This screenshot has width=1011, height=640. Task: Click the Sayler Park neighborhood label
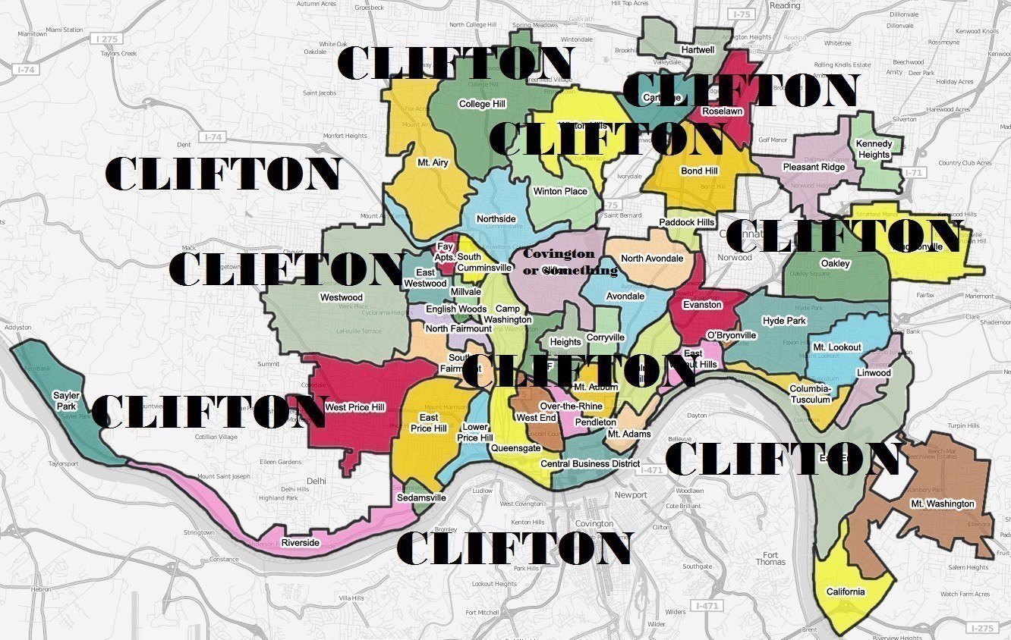pyautogui.click(x=65, y=400)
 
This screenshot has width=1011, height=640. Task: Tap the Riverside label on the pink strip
pyautogui.click(x=301, y=543)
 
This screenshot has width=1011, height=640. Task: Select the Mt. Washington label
pyautogui.click(x=942, y=504)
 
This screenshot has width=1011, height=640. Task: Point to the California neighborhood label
pyautogui.click(x=845, y=592)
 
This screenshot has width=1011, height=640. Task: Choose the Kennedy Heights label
pyautogui.click(x=874, y=149)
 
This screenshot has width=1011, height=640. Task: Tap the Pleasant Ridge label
pyautogui.click(x=814, y=167)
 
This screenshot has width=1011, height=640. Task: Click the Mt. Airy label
pyautogui.click(x=433, y=162)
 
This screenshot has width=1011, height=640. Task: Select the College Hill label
pyautogui.click(x=482, y=104)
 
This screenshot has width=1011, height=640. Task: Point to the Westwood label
pyautogui.click(x=342, y=297)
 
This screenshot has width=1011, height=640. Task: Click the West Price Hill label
pyautogui.click(x=354, y=407)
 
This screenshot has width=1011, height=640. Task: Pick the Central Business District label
pyautogui.click(x=590, y=463)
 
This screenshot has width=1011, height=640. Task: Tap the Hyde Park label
pyautogui.click(x=784, y=321)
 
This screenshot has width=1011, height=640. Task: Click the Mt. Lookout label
pyautogui.click(x=837, y=347)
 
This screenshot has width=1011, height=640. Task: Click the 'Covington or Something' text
pyautogui.click(x=570, y=262)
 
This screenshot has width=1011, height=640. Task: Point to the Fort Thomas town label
pyautogui.click(x=770, y=557)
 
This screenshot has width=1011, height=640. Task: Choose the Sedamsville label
pyautogui.click(x=421, y=498)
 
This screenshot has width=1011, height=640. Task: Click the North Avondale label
pyautogui.click(x=652, y=259)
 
